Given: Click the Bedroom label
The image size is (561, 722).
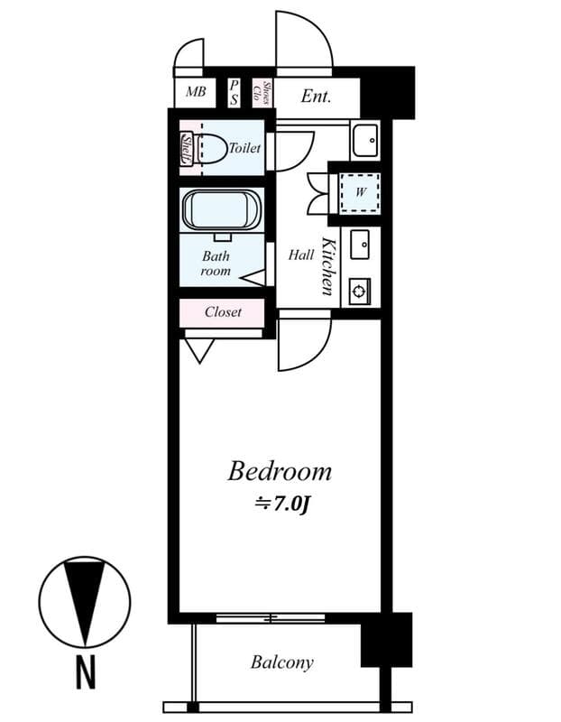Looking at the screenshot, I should tap(280, 471).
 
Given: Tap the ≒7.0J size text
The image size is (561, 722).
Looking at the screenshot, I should tap(282, 504).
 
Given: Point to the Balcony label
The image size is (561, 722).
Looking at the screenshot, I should tap(282, 662).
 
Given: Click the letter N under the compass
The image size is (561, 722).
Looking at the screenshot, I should tap(86, 672).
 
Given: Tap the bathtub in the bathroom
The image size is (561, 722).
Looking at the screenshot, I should tap(222, 210).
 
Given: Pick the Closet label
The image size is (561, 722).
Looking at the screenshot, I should tap(223, 312).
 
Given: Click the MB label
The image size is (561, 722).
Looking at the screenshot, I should tap(196, 92).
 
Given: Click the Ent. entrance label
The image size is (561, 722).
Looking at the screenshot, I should tap(316, 95).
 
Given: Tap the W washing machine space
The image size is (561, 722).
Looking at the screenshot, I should tap(360, 192).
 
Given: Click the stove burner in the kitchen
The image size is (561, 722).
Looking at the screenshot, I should tap(360, 291).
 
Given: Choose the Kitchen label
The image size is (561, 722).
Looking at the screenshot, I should tap(328, 266).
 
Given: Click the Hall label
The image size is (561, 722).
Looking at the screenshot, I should tap(301, 255).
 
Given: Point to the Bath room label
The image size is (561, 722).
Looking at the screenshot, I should tap(216, 264).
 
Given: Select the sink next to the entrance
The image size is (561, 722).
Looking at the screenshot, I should tap(365, 140).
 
